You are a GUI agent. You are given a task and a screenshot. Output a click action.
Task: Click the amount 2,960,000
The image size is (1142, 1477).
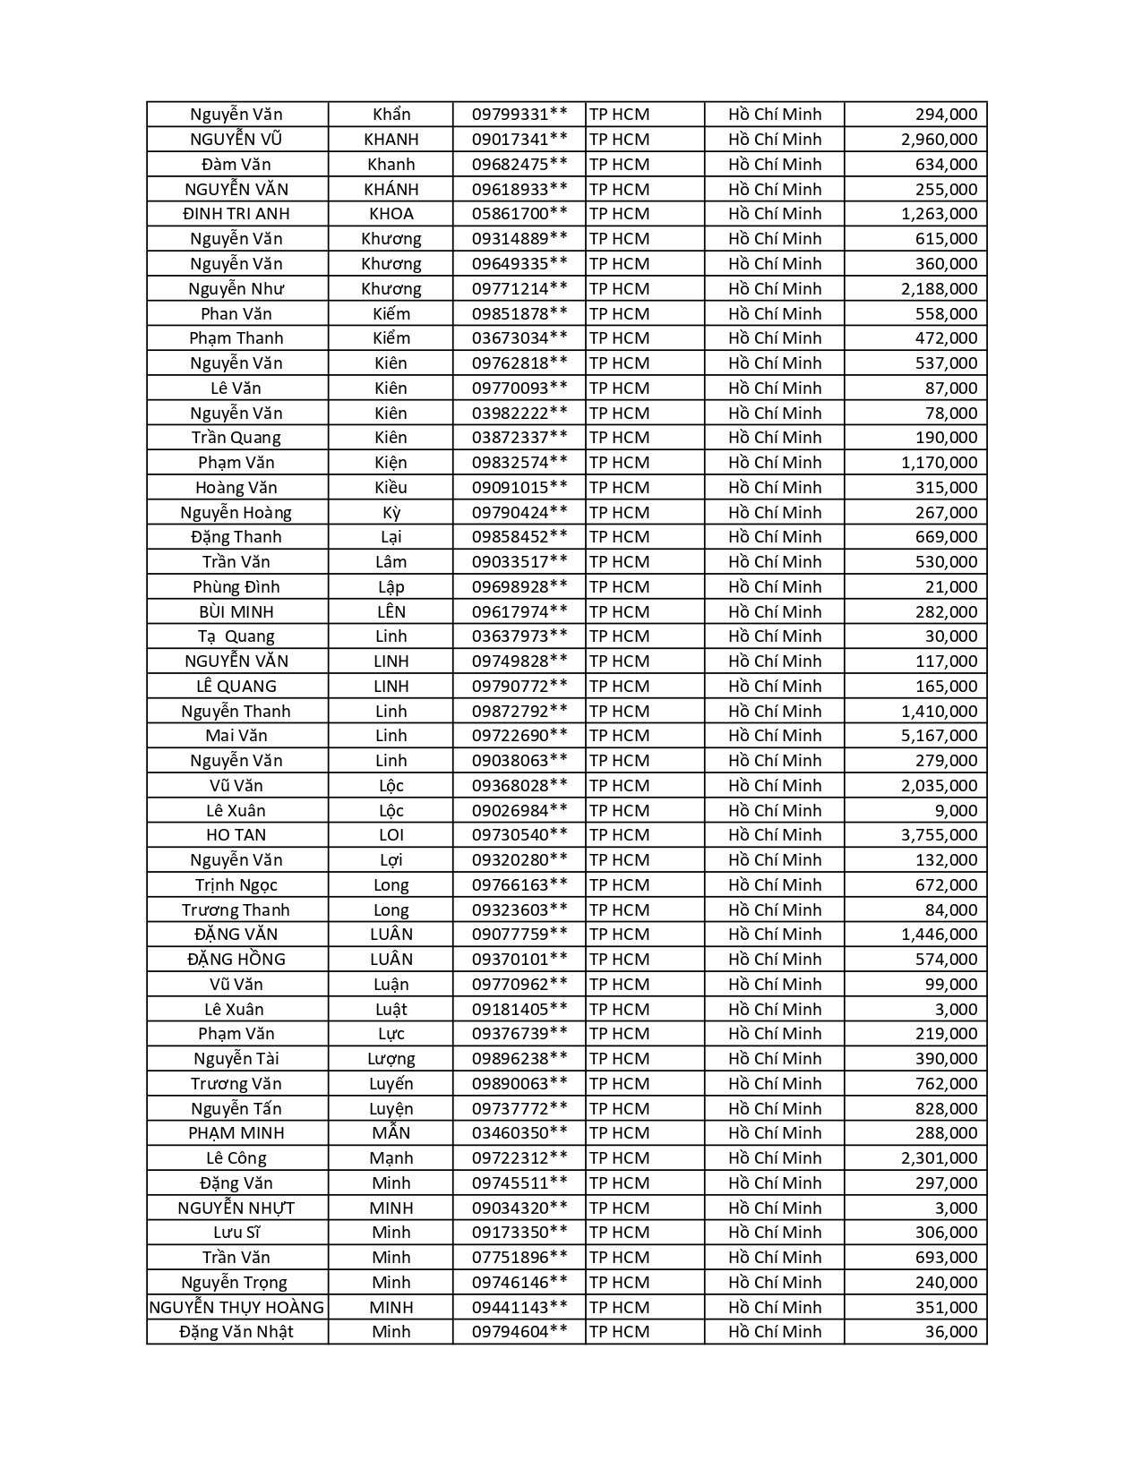[x=939, y=139]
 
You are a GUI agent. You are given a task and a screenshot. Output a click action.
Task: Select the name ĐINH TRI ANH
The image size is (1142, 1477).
[x=236, y=213]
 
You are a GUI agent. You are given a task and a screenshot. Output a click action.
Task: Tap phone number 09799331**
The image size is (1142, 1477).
[x=519, y=114]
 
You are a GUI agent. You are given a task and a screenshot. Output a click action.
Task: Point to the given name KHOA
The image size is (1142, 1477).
[x=391, y=213]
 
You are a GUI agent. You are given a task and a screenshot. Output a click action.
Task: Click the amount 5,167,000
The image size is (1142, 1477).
[x=939, y=735]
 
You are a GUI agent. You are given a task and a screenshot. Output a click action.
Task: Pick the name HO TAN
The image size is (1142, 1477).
[x=236, y=834]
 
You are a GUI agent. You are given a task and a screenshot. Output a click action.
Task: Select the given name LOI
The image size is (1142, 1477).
[x=391, y=834]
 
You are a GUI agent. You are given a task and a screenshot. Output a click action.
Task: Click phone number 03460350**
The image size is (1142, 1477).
[x=519, y=1132]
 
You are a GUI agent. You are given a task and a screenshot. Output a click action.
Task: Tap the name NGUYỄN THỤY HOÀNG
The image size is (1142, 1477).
[x=236, y=1307]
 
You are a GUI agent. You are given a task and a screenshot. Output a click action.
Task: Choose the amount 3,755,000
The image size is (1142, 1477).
[x=939, y=834]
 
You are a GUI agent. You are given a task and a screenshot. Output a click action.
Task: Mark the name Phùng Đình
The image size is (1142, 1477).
[x=236, y=586]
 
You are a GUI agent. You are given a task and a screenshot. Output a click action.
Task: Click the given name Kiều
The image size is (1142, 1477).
[x=391, y=487]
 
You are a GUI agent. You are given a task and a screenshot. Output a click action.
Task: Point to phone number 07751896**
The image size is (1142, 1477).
[x=519, y=1257]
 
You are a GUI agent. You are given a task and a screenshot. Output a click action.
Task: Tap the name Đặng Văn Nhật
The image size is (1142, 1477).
[x=236, y=1331]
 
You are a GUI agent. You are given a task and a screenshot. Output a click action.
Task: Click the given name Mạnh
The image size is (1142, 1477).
[x=391, y=1157]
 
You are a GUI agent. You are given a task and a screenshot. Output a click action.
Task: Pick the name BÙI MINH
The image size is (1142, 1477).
[x=236, y=611]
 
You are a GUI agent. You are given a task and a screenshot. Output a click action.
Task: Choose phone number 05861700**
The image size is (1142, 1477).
[x=519, y=213]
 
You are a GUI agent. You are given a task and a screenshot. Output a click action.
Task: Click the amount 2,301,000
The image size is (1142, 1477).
[x=939, y=1157]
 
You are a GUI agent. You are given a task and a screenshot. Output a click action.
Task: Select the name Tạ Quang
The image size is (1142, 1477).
[x=236, y=636]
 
